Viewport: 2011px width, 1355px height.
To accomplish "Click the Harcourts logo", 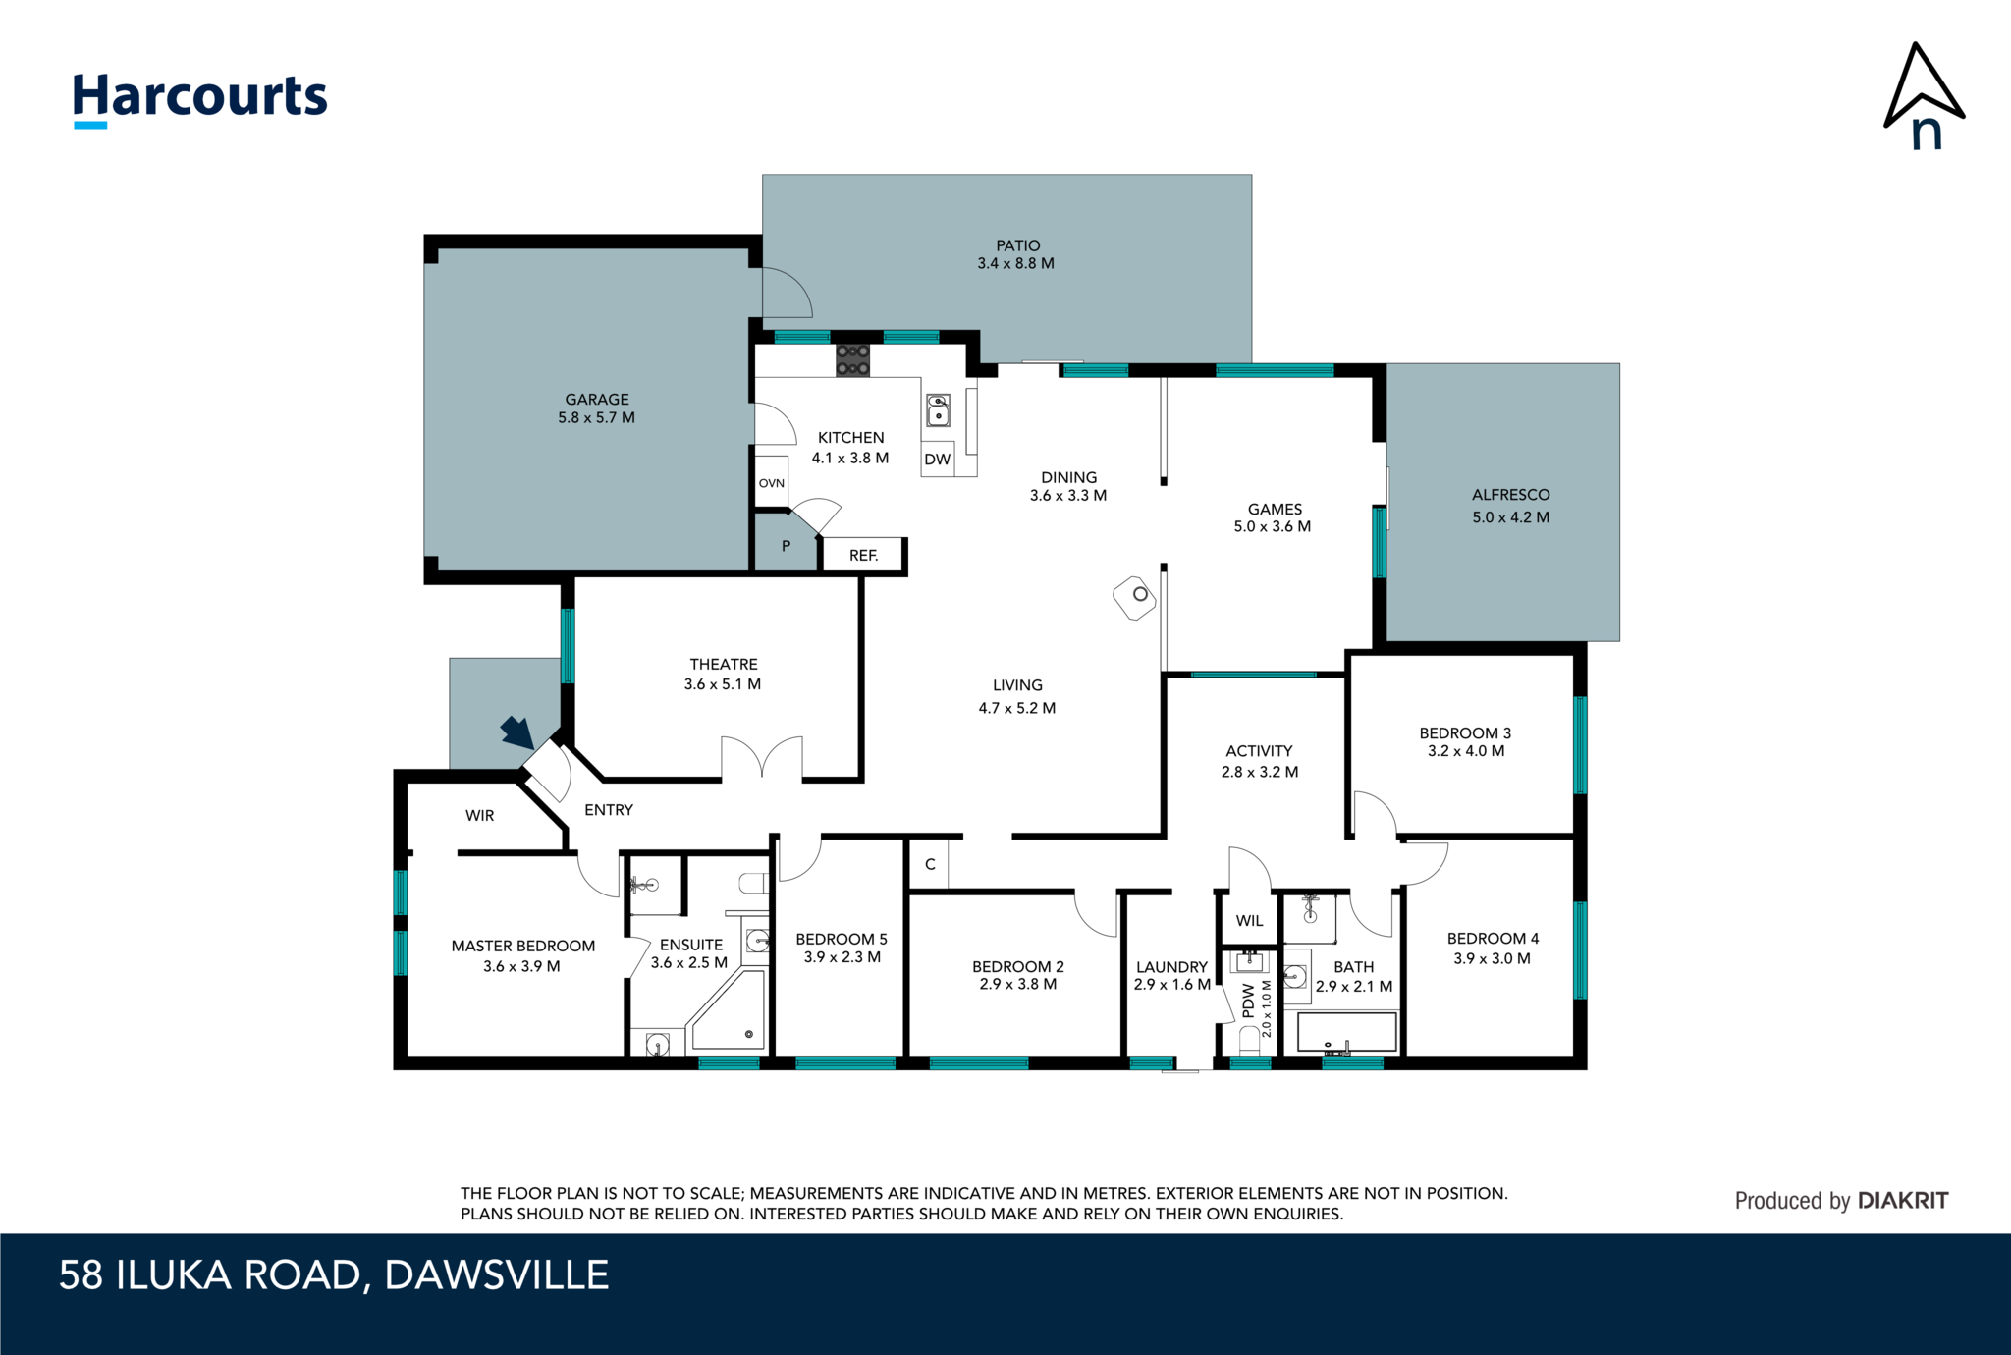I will point(199,98).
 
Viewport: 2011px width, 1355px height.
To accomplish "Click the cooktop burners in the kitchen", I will point(852,359).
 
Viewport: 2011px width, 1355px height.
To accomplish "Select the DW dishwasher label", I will point(937,460).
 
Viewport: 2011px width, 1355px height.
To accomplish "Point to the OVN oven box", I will point(772,482).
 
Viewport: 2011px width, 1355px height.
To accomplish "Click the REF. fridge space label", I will point(863,556).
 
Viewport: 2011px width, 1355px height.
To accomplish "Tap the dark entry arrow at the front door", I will point(516,732).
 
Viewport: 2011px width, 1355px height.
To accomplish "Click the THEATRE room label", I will point(723,665).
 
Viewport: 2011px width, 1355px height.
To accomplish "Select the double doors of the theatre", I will point(762,758).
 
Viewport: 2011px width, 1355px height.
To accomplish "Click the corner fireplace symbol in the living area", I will point(1134,596).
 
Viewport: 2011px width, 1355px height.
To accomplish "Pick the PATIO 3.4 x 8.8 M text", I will point(1016,254).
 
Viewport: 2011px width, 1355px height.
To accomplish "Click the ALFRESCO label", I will point(1510,495).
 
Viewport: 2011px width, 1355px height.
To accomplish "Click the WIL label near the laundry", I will point(1249,921).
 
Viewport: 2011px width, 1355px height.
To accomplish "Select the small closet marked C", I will point(929,864).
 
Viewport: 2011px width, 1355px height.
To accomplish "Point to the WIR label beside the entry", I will point(479,816).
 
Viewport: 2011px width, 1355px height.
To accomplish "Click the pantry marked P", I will point(786,547).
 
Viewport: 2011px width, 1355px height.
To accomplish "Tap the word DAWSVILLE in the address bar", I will point(496,1275).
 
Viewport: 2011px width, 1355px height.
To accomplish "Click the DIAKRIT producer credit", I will point(1902,1201).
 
